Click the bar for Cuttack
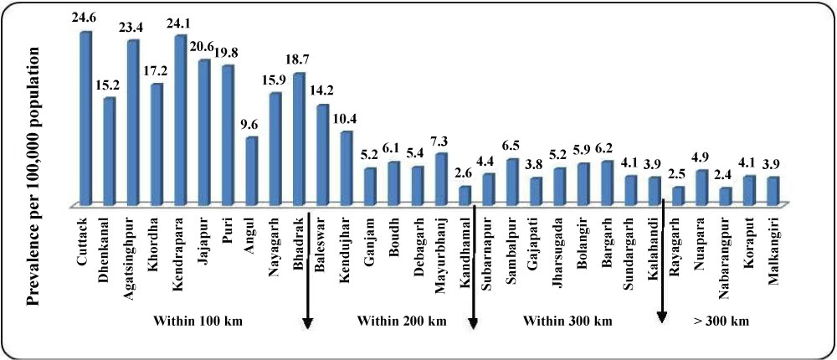click(85, 117)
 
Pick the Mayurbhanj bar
click(441, 178)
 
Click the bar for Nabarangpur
click(726, 195)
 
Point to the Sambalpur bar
click(512, 181)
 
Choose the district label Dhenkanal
click(108, 242)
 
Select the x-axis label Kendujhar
click(346, 242)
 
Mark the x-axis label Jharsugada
click(558, 244)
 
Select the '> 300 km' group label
click(721, 321)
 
